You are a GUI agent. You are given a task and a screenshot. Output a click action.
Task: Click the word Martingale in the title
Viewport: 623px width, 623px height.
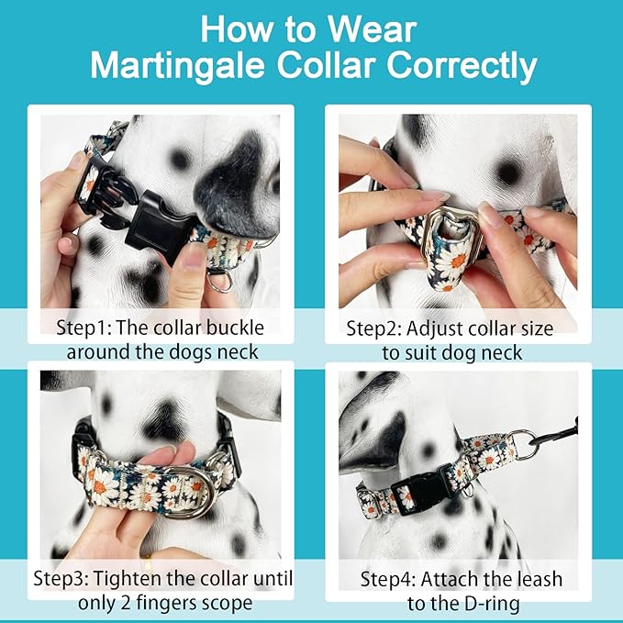tap(178, 65)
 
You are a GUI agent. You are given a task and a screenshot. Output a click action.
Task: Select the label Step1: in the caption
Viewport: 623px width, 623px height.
tap(83, 328)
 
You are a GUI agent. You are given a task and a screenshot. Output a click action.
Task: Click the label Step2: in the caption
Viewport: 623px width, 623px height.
tap(373, 329)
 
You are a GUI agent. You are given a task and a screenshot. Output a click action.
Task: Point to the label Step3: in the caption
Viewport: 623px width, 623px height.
tap(60, 579)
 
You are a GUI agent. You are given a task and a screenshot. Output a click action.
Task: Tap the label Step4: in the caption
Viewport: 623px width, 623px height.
tap(387, 580)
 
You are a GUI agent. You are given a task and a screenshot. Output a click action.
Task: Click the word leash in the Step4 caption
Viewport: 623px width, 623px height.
tap(540, 580)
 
